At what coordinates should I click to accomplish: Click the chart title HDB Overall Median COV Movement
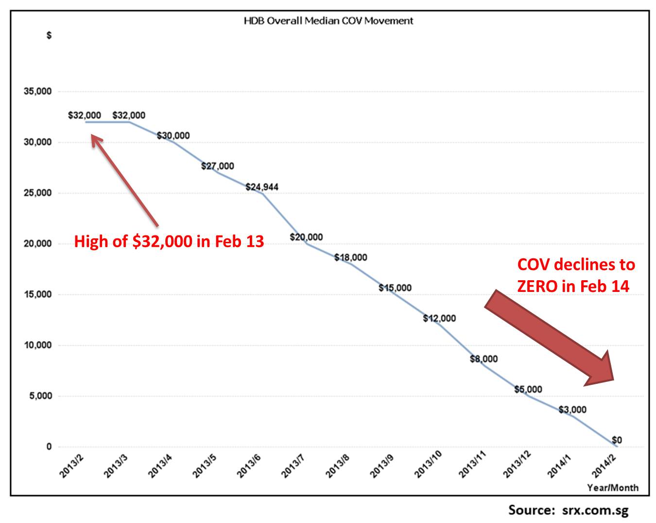328,21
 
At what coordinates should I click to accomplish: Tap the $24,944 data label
262,187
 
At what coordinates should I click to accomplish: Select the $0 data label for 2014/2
617,440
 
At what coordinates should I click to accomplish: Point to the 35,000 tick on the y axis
38,91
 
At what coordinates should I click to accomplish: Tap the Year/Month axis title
613,488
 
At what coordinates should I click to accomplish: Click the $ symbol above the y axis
49,36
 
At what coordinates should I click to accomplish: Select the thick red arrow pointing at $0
549,337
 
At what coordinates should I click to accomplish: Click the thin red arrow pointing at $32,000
125,181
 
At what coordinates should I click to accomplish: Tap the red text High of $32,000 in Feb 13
169,241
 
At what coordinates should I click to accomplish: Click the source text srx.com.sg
595,510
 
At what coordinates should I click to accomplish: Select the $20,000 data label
306,237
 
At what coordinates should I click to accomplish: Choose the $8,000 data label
484,359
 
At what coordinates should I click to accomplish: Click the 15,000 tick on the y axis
38,294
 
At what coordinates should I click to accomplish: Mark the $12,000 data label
439,318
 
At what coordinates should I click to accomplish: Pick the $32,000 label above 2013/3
129,115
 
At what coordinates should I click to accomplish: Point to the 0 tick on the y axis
49,447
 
